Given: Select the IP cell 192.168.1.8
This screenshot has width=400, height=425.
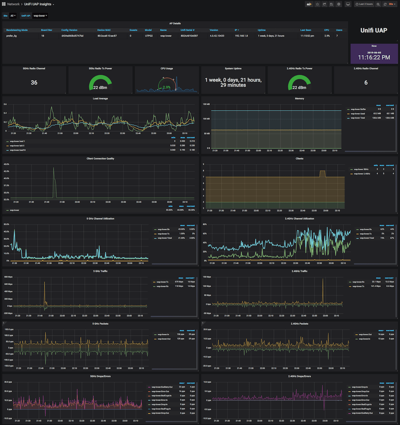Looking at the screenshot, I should pyautogui.click(x=241, y=36).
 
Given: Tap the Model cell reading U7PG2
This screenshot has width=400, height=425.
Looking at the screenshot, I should pyautogui.click(x=149, y=36).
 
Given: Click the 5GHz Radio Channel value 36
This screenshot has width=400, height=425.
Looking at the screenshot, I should pyautogui.click(x=34, y=83).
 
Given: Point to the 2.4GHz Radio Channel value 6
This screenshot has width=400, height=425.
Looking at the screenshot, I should pyautogui.click(x=366, y=83).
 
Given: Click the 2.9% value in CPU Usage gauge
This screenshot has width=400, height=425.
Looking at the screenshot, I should pyautogui.click(x=167, y=87).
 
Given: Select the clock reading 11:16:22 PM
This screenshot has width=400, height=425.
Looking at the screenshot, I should pyautogui.click(x=374, y=57).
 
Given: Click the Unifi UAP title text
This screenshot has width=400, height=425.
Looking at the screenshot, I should pyautogui.click(x=374, y=30).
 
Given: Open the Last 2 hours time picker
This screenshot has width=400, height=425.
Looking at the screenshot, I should pyautogui.click(x=364, y=4).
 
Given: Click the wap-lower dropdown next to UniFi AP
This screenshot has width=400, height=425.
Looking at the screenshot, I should pyautogui.click(x=40, y=16).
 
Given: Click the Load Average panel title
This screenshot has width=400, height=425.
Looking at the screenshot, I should pyautogui.click(x=100, y=98).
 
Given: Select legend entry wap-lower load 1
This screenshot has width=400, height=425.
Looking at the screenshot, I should pyautogui.click(x=17, y=141).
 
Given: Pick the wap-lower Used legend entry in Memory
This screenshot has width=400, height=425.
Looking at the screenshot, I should pyautogui.click(x=358, y=113).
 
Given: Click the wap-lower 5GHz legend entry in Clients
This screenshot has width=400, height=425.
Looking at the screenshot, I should pyautogui.click(x=361, y=169).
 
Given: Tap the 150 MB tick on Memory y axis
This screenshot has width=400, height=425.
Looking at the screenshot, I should pyautogui.click(x=206, y=104).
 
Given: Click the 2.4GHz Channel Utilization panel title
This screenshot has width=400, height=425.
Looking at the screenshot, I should pyautogui.click(x=299, y=219).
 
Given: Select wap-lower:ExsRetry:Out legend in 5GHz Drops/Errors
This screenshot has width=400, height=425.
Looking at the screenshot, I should pyautogui.click(x=162, y=387).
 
